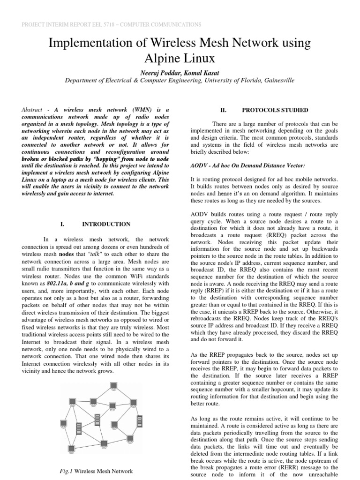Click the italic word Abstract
tap(34, 109)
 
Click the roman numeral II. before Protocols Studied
tap(223, 110)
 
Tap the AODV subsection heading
tap(240, 166)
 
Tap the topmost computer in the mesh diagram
tap(113, 386)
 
